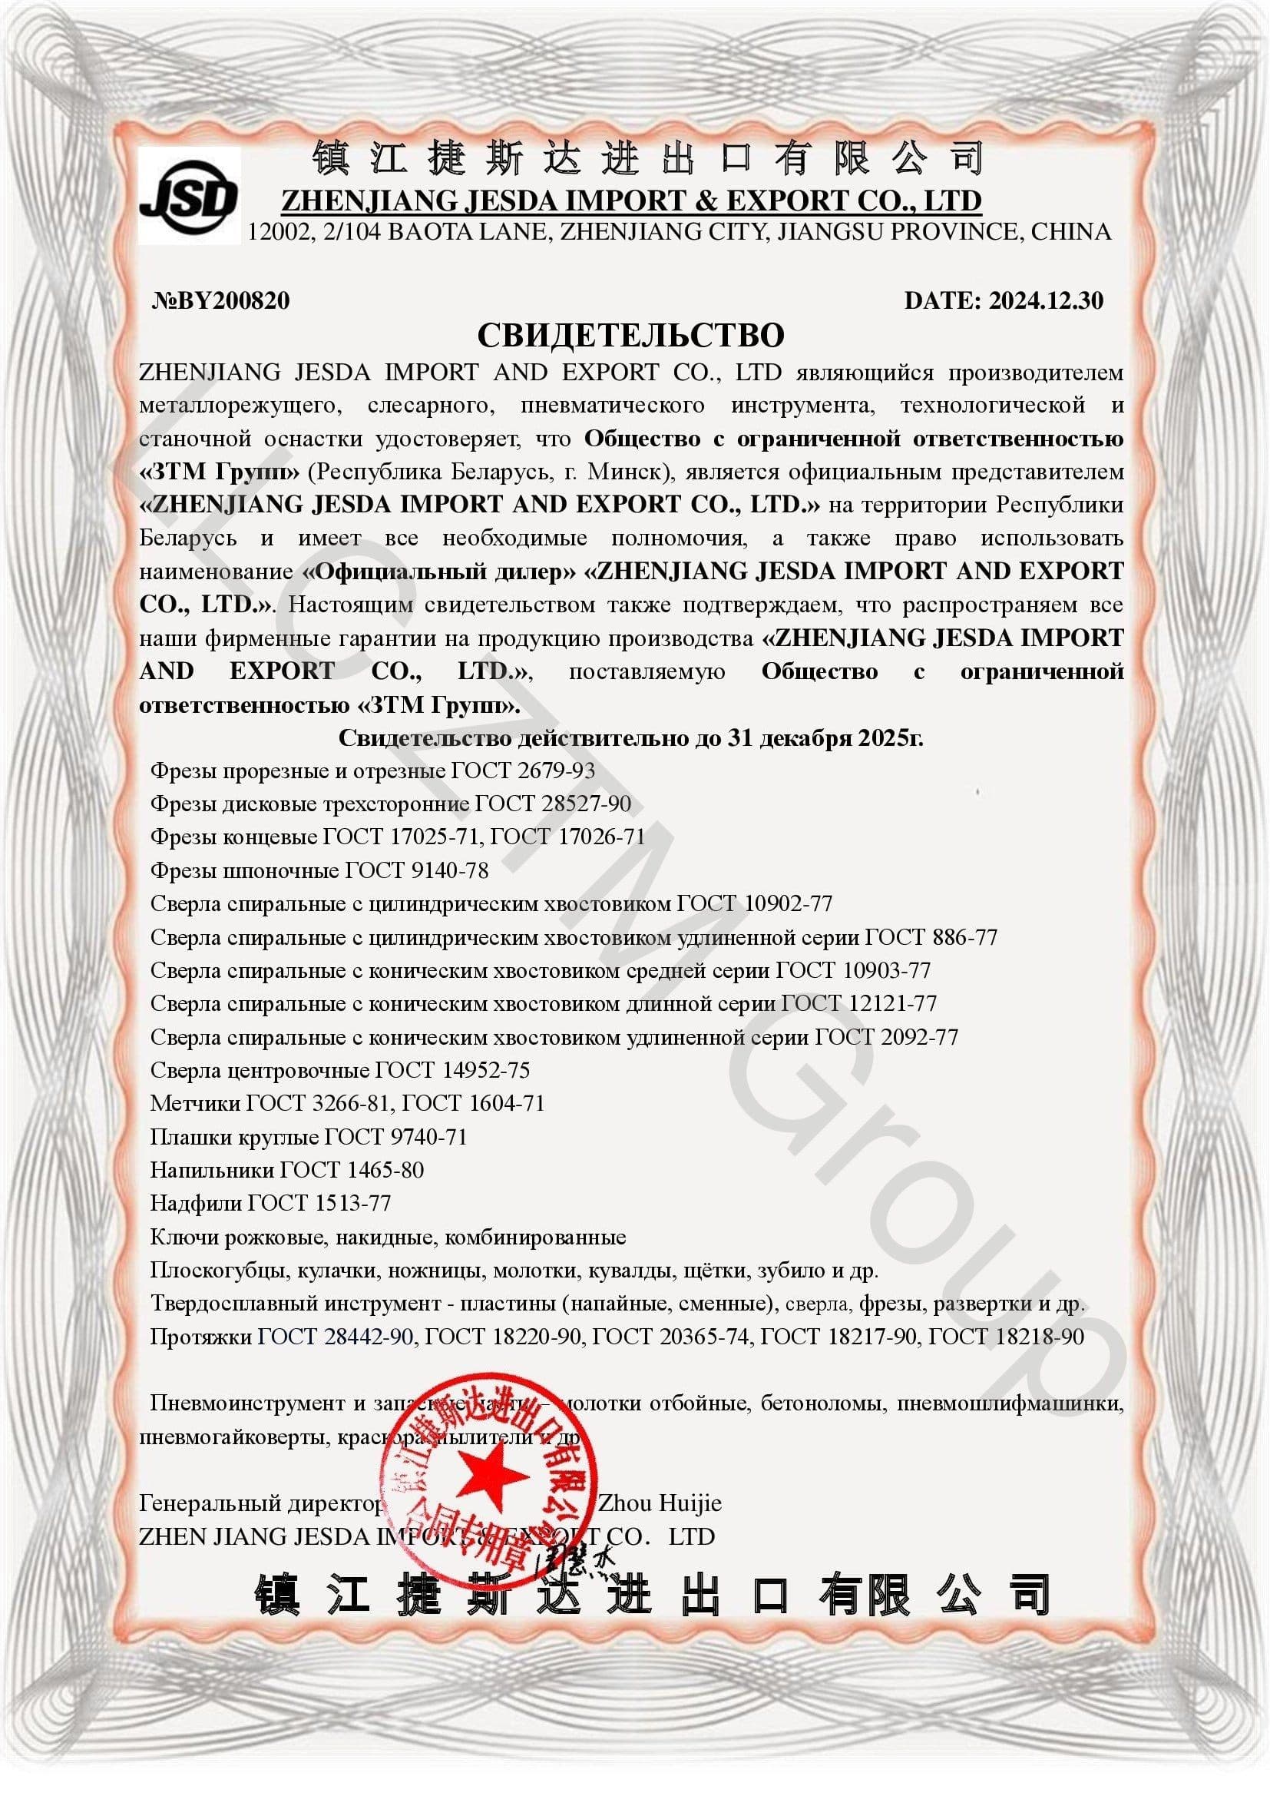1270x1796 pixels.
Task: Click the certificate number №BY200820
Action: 220,300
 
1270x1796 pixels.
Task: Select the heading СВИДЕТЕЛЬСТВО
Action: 630,336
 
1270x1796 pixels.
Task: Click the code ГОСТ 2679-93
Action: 523,770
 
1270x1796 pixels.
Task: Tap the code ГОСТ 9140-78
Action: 418,870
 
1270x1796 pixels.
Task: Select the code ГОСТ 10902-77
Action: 755,903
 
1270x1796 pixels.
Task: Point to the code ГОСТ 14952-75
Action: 453,1069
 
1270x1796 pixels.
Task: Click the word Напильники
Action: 211,1169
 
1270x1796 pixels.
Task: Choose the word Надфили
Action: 196,1202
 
